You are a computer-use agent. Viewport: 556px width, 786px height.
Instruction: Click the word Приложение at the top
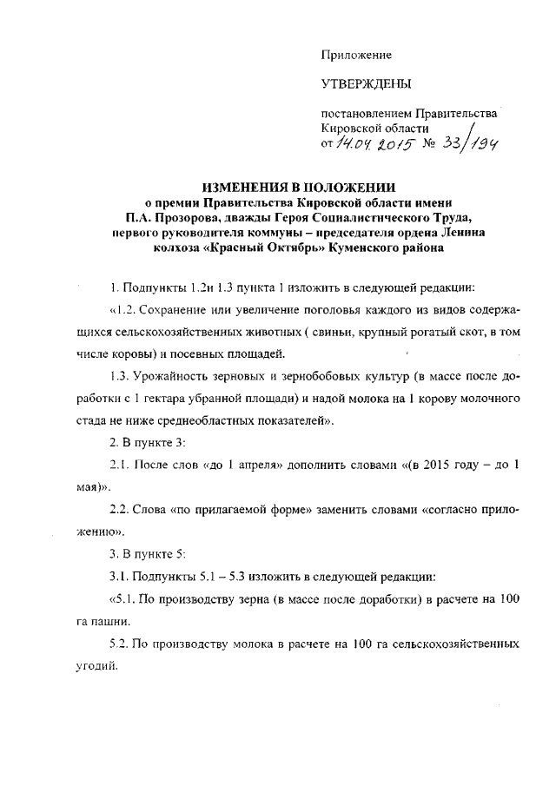(x=356, y=55)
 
